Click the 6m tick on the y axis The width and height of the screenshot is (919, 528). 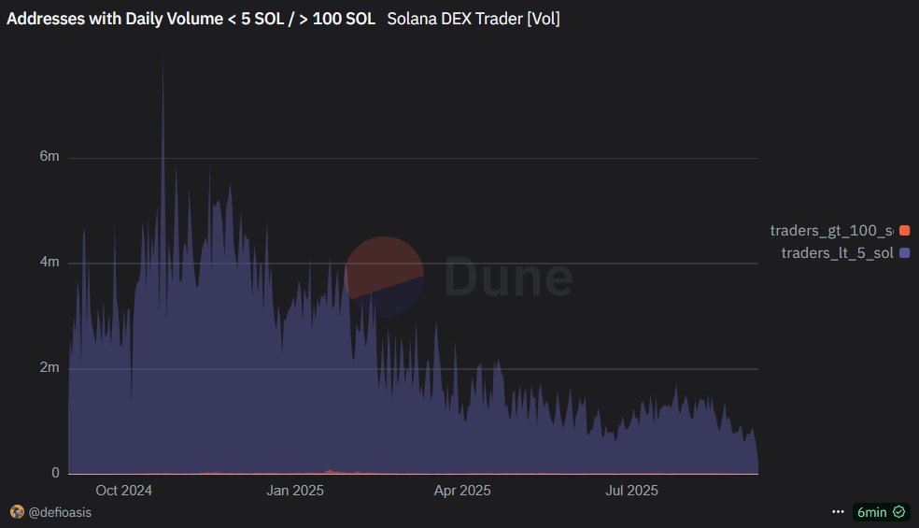(49, 157)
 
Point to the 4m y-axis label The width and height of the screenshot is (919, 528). (49, 263)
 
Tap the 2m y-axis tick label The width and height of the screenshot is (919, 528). (49, 368)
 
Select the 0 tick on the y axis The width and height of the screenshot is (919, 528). (55, 474)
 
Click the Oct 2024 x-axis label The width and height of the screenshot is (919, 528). (123, 491)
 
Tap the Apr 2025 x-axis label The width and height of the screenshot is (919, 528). (462, 491)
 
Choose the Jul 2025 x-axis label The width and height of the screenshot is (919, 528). (631, 491)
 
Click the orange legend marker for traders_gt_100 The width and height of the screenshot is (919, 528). (904, 230)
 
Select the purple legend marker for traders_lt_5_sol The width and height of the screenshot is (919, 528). (904, 253)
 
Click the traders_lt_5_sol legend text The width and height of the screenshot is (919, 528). (837, 253)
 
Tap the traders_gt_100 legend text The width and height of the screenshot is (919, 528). (831, 230)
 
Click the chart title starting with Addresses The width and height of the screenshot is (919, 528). (190, 19)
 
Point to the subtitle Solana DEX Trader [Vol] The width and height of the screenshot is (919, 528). (474, 19)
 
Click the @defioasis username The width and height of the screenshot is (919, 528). (60, 512)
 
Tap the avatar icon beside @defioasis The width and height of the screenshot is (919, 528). (16, 512)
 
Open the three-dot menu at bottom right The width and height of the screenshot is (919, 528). (838, 512)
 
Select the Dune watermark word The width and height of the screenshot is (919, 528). (507, 276)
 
